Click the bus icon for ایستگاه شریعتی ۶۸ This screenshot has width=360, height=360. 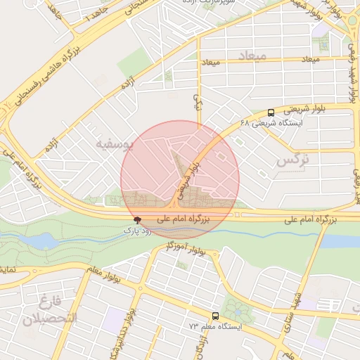271,112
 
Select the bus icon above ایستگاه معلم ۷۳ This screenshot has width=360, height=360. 215,316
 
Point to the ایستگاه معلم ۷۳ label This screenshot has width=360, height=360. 214,327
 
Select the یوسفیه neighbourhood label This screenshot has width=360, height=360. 113,146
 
